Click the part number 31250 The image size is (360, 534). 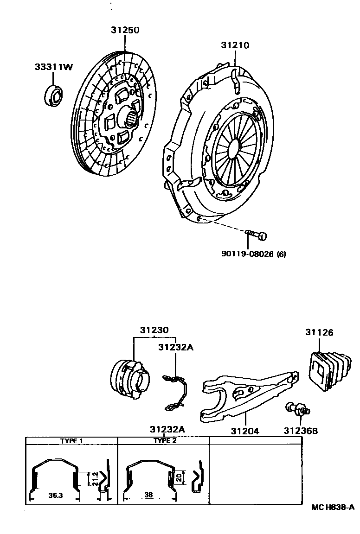[x=125, y=30]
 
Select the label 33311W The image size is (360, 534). [x=54, y=67]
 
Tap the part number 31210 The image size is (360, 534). [x=235, y=45]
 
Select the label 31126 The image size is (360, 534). [x=319, y=332]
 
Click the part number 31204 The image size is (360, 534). [x=245, y=431]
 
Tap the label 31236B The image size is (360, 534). [x=301, y=431]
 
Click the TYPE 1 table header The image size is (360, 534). [x=71, y=441]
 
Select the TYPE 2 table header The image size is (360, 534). [x=165, y=441]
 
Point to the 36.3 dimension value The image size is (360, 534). [x=55, y=496]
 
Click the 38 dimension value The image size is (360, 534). [x=148, y=496]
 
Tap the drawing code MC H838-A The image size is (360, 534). [x=333, y=508]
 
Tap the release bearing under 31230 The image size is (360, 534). [x=132, y=378]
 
